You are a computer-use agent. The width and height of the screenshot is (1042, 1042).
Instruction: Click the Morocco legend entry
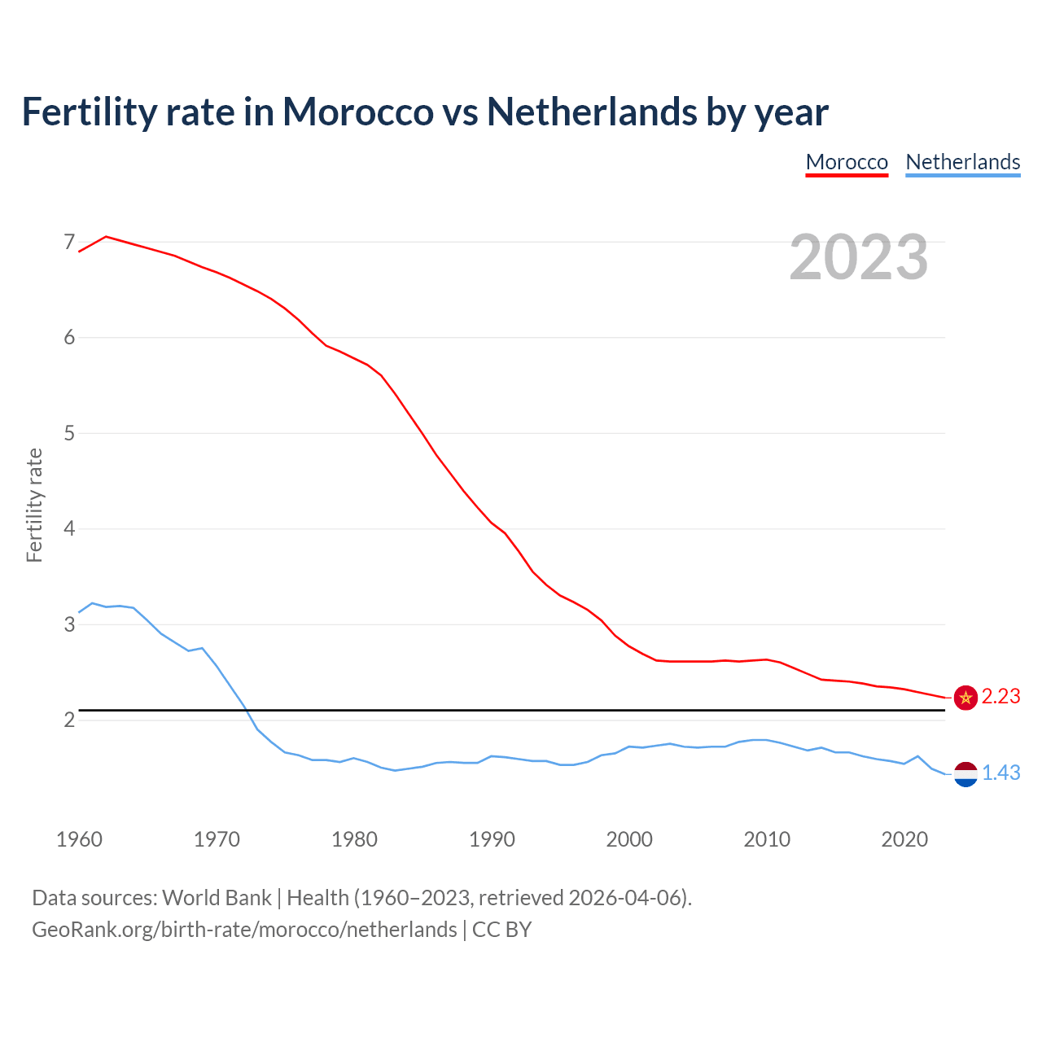(847, 162)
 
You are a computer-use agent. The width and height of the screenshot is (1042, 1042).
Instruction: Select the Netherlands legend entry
(962, 162)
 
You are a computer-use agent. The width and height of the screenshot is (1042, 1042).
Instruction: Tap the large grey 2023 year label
(859, 257)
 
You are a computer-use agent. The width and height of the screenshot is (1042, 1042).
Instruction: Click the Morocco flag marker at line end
(965, 698)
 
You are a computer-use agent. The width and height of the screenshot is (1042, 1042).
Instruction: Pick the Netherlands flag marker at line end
(965, 774)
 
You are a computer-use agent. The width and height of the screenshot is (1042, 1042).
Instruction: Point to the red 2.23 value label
(1000, 697)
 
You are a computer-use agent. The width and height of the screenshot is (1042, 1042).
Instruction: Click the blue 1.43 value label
(1000, 773)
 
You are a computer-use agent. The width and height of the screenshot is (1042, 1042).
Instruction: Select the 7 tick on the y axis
(69, 243)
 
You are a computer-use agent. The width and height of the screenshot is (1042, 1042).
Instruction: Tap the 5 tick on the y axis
(69, 433)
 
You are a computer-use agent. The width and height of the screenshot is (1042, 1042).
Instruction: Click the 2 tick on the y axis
(69, 720)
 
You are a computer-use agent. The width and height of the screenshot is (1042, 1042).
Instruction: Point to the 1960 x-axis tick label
(79, 839)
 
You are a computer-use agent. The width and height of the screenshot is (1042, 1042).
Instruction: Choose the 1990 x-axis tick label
(492, 839)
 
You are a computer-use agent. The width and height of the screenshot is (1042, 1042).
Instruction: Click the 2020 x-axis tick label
(904, 839)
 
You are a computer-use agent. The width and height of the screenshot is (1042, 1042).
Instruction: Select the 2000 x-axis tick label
(629, 839)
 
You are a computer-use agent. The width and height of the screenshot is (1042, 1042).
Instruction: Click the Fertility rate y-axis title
(34, 505)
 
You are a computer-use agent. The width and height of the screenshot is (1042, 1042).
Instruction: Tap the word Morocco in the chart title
(357, 112)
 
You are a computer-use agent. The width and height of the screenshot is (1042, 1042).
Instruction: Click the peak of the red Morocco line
(106, 237)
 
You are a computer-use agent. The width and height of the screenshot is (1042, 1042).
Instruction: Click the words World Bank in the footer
(217, 898)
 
